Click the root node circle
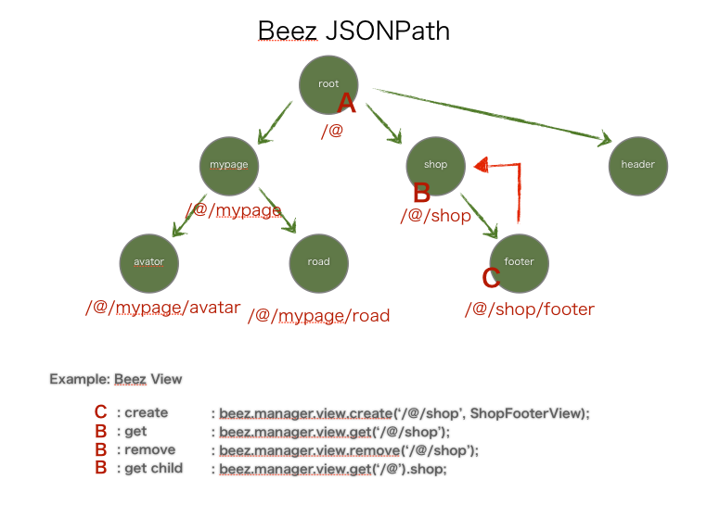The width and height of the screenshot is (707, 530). pos(328,83)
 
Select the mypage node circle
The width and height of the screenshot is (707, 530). pos(229,165)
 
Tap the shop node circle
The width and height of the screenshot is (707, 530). pos(435,165)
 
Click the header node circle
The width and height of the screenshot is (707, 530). pos(637,165)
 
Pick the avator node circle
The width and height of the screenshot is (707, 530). pos(148,261)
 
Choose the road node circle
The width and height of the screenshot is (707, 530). pos(318,261)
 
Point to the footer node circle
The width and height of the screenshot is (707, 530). pos(519,261)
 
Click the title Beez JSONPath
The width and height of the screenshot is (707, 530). pos(353,31)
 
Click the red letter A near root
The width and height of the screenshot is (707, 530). pos(346,102)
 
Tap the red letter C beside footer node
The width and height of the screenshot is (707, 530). pos(492,277)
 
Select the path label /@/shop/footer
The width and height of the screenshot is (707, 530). pos(529,309)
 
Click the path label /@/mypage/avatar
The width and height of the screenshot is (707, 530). pos(162,308)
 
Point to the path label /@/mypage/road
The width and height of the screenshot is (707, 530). pos(318,316)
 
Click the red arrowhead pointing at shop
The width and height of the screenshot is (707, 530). pos(482,165)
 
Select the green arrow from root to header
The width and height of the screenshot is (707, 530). pos(492,116)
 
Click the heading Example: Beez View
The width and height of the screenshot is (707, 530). pos(116,379)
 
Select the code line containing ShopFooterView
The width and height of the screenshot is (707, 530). pos(404,413)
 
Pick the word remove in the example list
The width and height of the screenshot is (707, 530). pos(149,450)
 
